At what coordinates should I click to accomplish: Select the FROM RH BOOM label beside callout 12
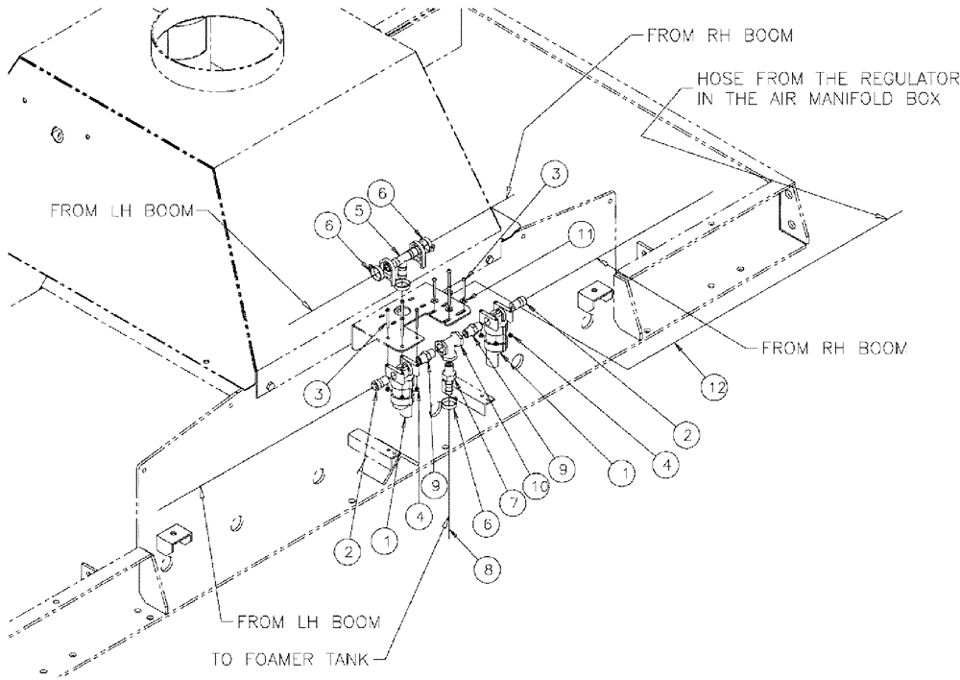832,349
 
